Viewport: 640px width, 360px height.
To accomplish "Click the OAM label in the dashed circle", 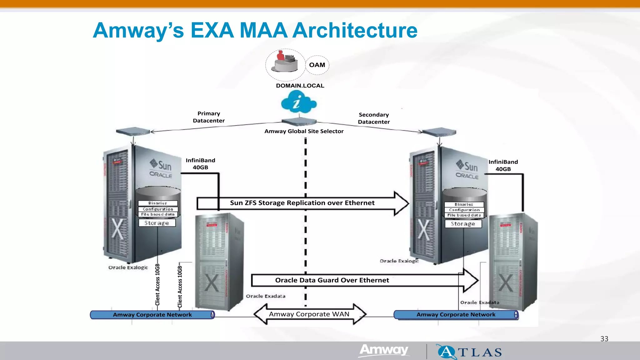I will tap(317, 65).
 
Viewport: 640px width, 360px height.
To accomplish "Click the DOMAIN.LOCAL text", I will tap(300, 86).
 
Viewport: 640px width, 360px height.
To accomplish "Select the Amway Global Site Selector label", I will tap(304, 131).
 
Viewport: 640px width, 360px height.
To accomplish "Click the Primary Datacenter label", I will tap(209, 117).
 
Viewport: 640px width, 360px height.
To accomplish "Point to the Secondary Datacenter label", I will tap(374, 118).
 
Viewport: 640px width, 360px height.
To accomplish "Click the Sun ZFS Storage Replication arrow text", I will tap(302, 203).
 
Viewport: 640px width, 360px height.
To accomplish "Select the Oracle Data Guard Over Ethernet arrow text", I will tap(332, 280).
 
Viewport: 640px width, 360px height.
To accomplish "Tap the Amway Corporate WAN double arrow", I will tap(309, 314).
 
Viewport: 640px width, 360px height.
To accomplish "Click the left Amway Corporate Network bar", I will tap(152, 315).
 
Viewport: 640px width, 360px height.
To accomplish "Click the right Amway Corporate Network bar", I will tap(456, 315).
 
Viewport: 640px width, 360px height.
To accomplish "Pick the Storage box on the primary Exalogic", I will tap(157, 223).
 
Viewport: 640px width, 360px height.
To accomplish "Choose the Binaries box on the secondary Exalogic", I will tap(464, 204).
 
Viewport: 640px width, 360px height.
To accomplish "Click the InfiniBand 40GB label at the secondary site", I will tap(503, 166).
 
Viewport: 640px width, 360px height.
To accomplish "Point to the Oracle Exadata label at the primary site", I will tap(265, 296).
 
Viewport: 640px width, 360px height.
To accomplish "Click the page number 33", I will tap(604, 339).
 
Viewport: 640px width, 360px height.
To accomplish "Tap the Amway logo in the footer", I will tap(384, 350).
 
